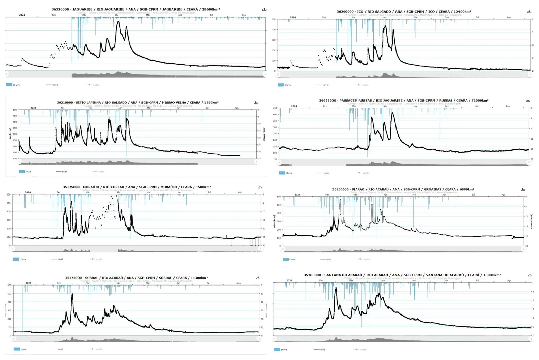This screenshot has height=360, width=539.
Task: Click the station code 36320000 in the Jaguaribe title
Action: click(x=60, y=9)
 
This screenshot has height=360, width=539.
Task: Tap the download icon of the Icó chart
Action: click(x=529, y=12)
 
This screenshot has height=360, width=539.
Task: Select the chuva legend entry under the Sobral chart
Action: click(x=23, y=349)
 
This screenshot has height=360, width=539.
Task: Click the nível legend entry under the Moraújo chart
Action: click(x=60, y=259)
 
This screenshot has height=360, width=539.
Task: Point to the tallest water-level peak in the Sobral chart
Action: click(x=72, y=294)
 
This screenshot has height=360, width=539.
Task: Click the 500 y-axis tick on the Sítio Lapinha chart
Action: click(x=15, y=110)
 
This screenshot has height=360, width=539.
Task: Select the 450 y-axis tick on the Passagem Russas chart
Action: click(x=275, y=108)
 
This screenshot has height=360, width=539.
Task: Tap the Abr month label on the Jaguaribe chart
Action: click(x=117, y=15)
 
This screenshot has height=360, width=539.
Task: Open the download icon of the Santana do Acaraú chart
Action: click(x=530, y=275)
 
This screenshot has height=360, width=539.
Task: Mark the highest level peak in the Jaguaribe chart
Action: click(x=118, y=22)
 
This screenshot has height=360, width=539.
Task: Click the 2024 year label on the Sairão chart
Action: click(x=297, y=194)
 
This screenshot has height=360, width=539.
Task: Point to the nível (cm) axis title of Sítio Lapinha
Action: click(x=10, y=134)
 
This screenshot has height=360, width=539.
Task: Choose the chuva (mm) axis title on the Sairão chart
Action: click(x=531, y=221)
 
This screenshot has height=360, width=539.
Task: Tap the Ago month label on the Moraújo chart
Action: click(x=240, y=192)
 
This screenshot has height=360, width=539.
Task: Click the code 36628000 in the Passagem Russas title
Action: click(x=327, y=100)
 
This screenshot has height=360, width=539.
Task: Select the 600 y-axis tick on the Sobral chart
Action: click(x=9, y=285)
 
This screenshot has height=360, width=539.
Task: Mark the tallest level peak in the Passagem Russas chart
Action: click(x=393, y=113)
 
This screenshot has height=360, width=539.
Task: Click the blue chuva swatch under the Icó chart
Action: click(x=281, y=85)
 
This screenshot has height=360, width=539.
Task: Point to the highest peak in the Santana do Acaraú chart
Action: click(x=336, y=288)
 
